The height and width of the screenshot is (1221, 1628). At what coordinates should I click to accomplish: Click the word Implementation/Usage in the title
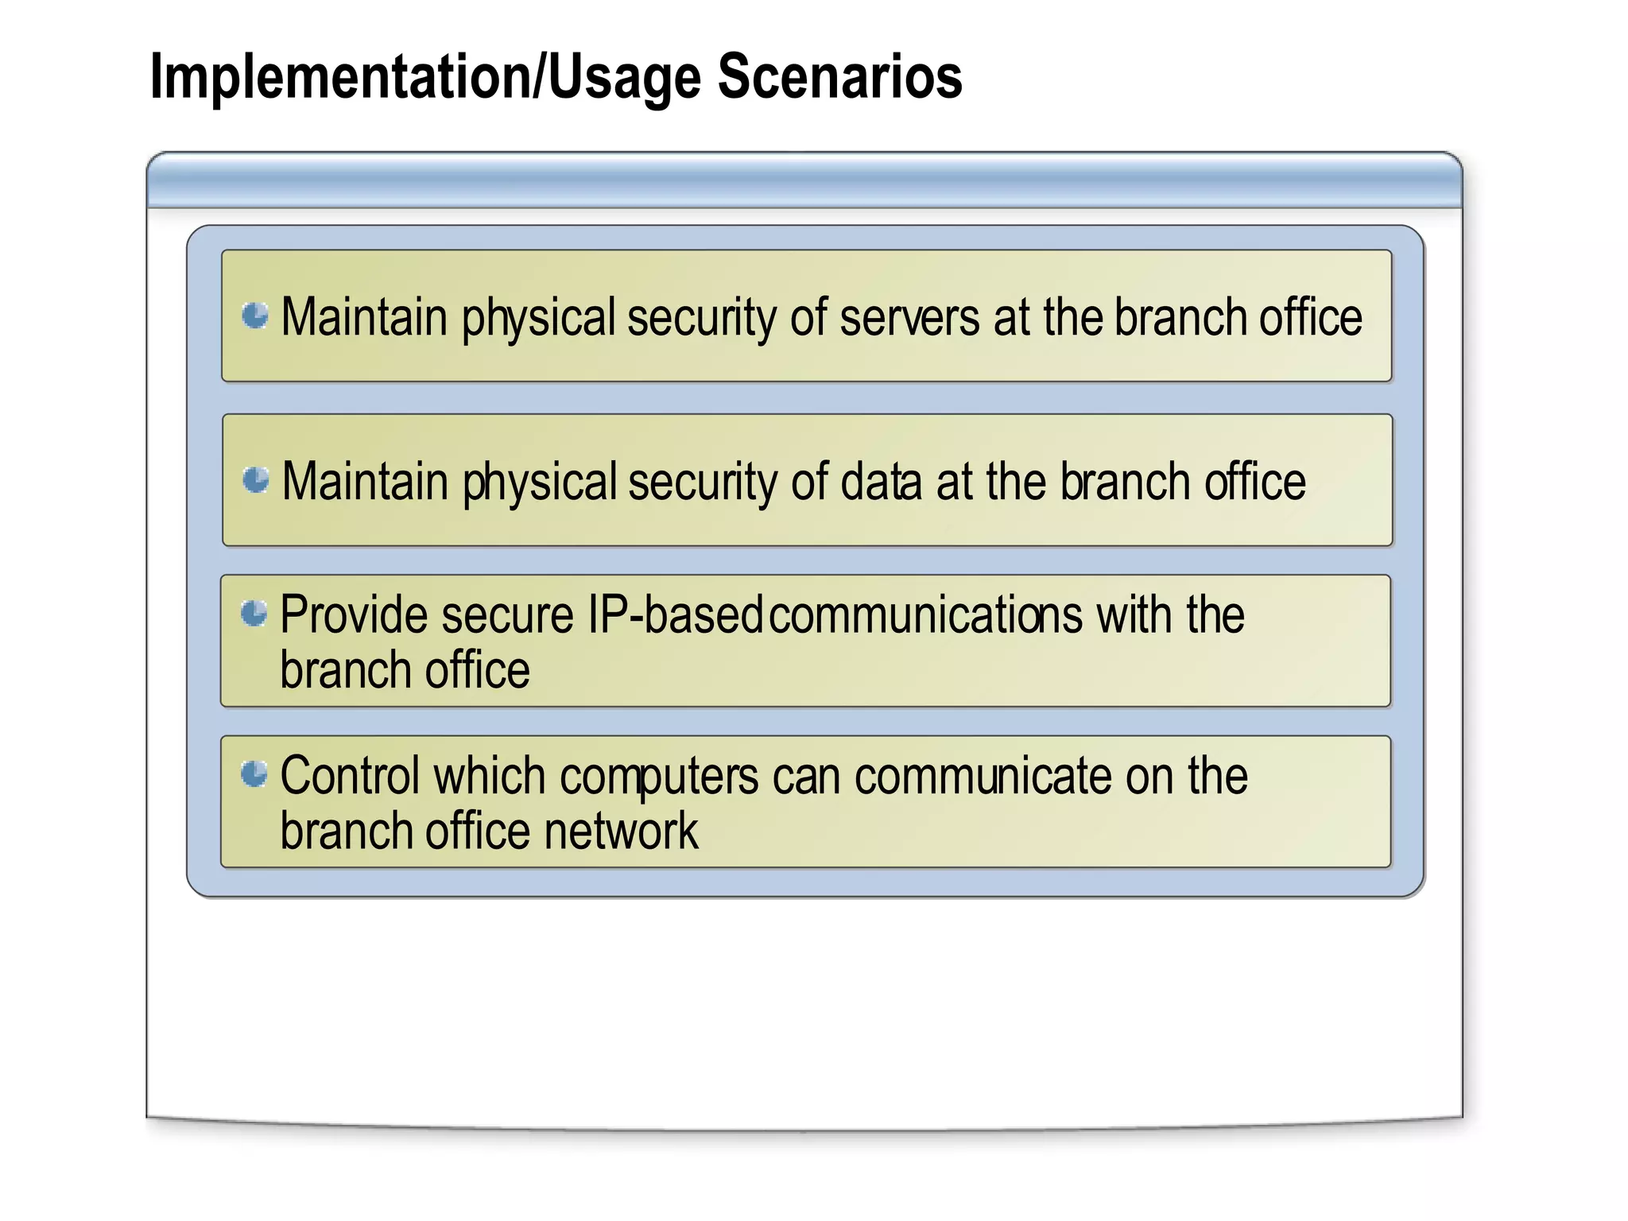pyautogui.click(x=425, y=77)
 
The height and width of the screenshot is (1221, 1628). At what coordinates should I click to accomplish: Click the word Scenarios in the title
pyautogui.click(x=839, y=77)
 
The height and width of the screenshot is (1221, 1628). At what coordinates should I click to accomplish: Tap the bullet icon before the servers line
pyautogui.click(x=255, y=316)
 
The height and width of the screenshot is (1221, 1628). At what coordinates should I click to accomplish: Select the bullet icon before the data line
pyautogui.click(x=256, y=480)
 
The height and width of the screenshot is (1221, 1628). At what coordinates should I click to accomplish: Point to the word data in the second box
pyautogui.click(x=881, y=483)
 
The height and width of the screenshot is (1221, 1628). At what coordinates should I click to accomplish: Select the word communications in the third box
pyautogui.click(x=925, y=615)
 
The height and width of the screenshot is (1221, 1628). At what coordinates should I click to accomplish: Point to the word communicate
pyautogui.click(x=983, y=776)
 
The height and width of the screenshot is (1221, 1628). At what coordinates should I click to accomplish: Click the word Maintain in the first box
pyautogui.click(x=364, y=318)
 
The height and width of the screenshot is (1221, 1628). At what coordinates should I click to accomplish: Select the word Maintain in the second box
pyautogui.click(x=365, y=483)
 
